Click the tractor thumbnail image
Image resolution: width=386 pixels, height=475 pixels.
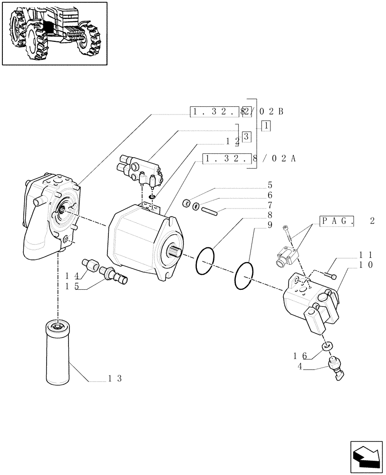[54, 33]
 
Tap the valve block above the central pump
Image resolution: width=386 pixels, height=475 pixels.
[140, 170]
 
